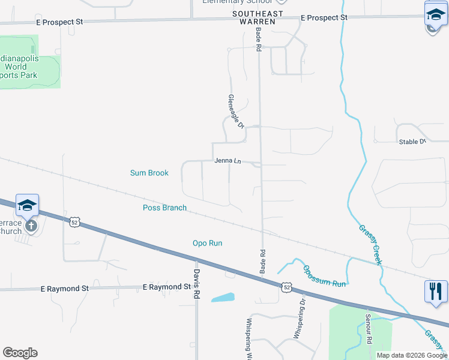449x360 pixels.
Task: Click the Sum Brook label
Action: click(149, 173)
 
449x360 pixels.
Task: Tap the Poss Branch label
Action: click(164, 208)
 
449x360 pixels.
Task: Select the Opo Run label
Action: click(207, 243)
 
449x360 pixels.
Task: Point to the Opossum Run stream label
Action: click(324, 275)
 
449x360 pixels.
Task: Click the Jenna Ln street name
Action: click(228, 161)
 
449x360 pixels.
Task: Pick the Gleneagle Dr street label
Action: click(236, 112)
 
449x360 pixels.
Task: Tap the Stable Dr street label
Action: click(412, 142)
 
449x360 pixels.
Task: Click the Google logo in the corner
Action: click(20, 353)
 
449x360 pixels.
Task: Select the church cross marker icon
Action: click(31, 226)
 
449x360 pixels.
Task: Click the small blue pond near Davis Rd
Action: click(223, 298)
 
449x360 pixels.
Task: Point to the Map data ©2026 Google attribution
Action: click(411, 355)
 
